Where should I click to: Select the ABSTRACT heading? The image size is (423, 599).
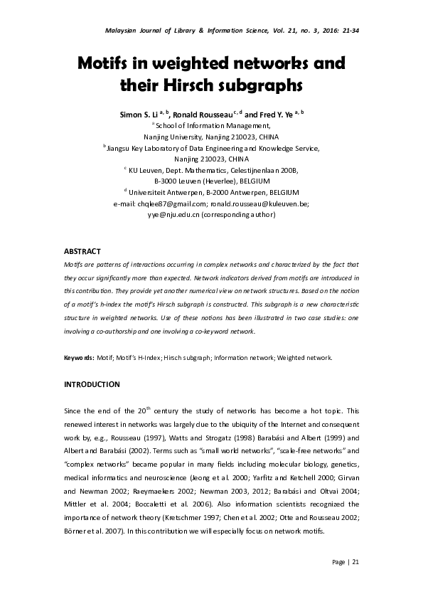[82, 252]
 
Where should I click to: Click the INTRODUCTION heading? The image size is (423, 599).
[92, 384]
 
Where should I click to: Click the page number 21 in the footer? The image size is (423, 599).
[355, 563]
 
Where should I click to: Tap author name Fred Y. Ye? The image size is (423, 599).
[275, 114]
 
